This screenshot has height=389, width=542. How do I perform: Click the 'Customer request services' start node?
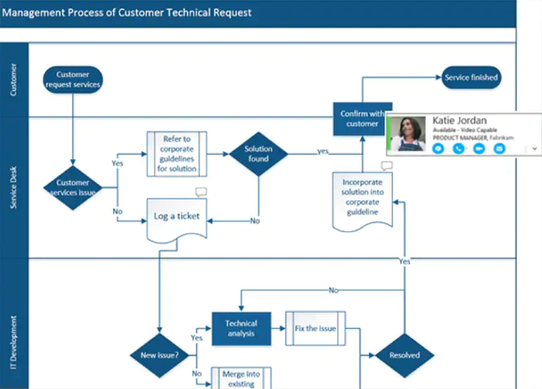(72, 79)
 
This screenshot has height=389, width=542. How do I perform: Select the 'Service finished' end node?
(471, 78)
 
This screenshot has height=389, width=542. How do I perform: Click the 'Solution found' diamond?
(258, 153)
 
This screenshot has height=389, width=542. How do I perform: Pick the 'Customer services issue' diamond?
(72, 188)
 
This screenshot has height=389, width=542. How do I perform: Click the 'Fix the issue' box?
(316, 328)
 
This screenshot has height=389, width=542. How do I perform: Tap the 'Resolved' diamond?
(404, 355)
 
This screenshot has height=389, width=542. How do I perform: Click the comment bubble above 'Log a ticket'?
(201, 192)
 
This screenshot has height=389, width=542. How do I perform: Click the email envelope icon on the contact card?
(499, 149)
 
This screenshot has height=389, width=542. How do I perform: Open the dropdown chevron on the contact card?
(535, 149)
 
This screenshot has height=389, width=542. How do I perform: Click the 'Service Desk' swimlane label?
(14, 188)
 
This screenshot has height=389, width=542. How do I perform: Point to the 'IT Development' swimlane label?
(14, 345)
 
